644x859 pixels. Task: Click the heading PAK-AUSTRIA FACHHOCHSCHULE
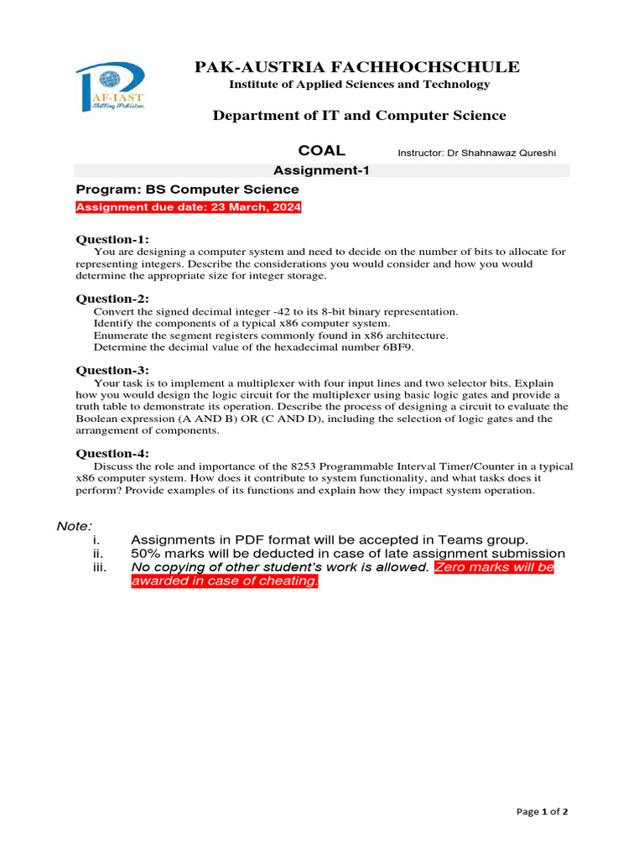tap(357, 67)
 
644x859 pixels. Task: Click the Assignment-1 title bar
tap(322, 170)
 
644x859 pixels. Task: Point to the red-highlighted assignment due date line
tap(189, 207)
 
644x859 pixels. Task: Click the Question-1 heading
tap(112, 239)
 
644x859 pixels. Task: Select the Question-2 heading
tap(112, 299)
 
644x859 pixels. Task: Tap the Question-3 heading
tap(112, 370)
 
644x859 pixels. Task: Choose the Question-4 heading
tap(112, 454)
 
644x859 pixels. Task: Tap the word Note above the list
tap(74, 526)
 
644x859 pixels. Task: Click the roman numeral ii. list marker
tap(98, 554)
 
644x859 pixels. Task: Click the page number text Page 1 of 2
tap(543, 811)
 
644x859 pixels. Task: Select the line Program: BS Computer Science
tap(188, 190)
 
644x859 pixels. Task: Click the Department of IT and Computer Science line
tap(359, 115)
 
